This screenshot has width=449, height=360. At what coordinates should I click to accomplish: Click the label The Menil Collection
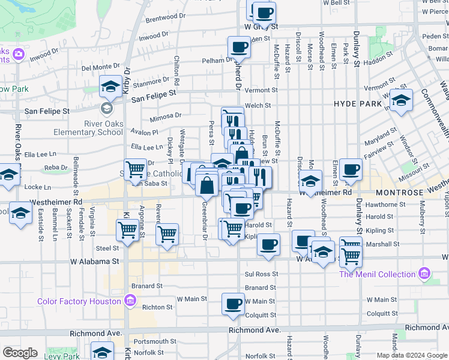(378, 274)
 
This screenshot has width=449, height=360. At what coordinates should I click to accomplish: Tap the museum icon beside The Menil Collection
(425, 274)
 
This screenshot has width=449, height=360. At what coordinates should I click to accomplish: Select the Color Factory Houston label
(79, 301)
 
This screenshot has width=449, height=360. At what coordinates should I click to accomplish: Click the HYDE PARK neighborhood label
(358, 104)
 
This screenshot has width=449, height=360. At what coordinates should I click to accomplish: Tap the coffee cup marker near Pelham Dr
(239, 47)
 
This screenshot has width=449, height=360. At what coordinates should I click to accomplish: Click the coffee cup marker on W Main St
(233, 303)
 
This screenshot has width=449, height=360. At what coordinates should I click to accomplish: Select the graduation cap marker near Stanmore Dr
(110, 88)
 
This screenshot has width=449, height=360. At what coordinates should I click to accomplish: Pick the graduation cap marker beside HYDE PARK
(400, 98)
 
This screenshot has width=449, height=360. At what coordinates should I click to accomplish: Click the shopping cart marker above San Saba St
(135, 169)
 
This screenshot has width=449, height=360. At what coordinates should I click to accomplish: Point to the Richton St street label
(158, 307)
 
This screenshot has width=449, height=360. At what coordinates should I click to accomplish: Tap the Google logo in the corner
(20, 353)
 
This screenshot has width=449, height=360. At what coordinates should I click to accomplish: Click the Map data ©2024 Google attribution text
(412, 355)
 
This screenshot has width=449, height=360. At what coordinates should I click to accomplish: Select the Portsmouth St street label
(154, 341)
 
